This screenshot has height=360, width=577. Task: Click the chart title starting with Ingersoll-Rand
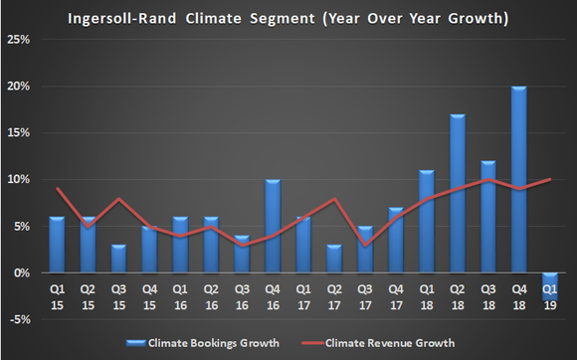(x=288, y=18)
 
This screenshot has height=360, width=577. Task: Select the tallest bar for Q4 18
(x=519, y=179)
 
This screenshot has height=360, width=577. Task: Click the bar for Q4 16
(x=271, y=226)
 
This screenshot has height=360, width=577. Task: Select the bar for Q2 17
(x=333, y=259)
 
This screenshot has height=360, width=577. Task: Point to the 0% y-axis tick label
(x=21, y=272)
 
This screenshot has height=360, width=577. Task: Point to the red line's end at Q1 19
(x=548, y=179)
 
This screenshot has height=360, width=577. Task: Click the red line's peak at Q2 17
(x=333, y=199)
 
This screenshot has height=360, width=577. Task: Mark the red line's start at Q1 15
(x=57, y=189)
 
